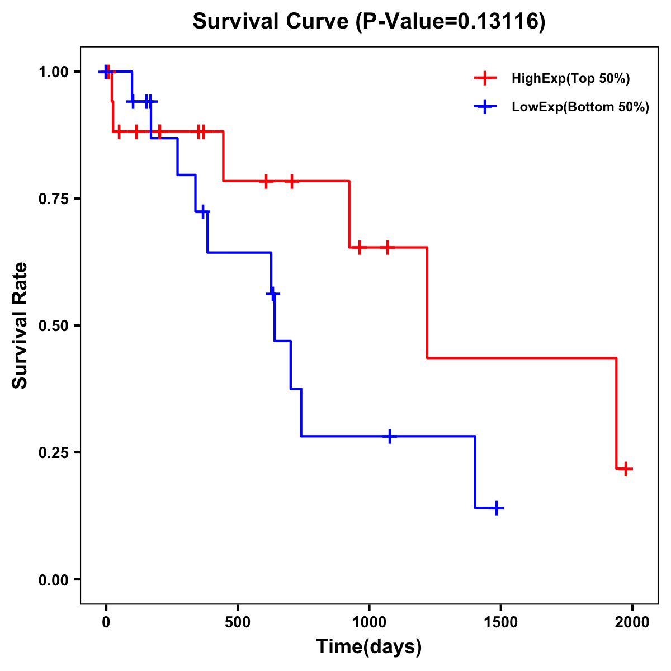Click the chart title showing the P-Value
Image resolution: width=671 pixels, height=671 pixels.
[369, 22]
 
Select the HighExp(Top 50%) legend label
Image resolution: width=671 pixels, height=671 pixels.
[571, 79]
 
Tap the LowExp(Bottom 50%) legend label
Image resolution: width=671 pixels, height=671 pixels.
[580, 107]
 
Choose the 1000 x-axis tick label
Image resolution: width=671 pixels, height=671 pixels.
[369, 622]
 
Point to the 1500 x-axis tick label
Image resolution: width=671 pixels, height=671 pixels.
[500, 622]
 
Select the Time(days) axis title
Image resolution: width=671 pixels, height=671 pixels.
[369, 647]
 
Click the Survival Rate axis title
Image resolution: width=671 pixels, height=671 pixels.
[20, 325]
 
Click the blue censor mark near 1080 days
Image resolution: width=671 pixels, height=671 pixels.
[390, 436]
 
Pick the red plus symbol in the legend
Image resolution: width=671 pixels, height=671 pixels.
[485, 79]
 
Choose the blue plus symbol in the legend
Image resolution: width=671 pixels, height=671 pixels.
[485, 107]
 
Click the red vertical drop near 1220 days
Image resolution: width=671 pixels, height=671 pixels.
[427, 302]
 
